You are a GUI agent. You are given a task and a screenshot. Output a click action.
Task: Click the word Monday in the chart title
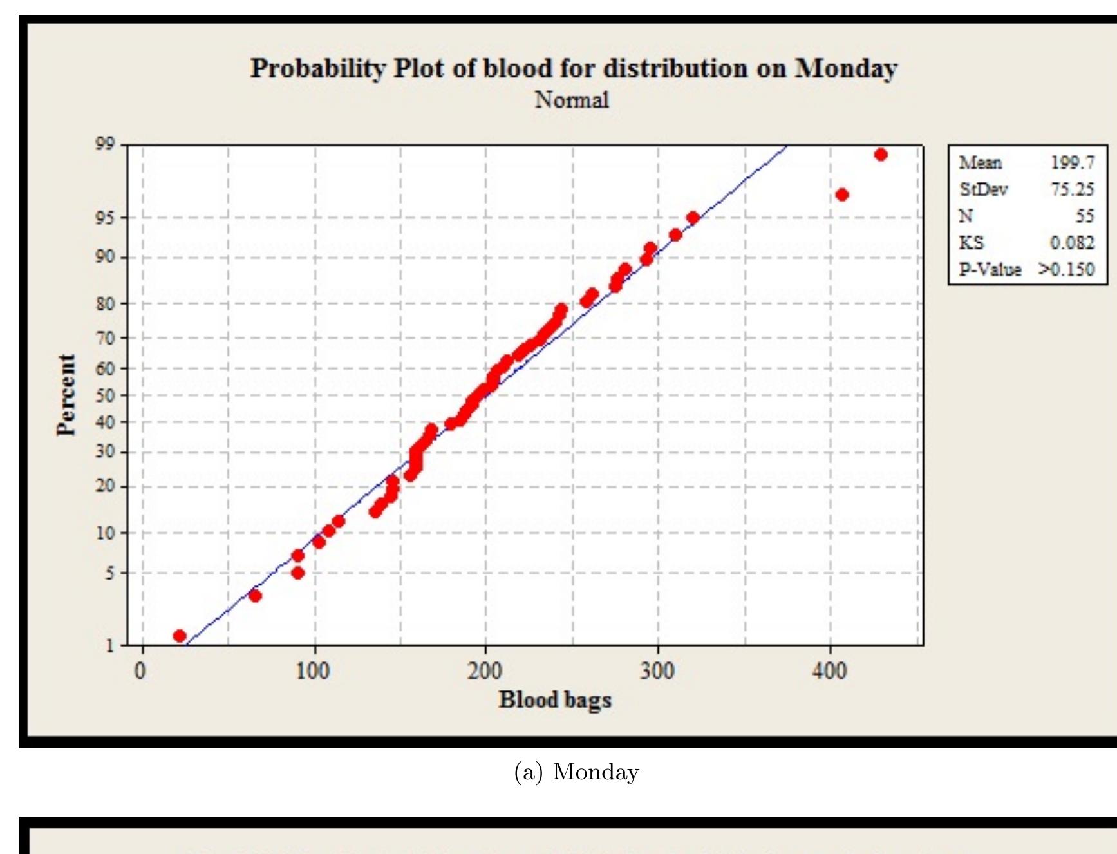(845, 68)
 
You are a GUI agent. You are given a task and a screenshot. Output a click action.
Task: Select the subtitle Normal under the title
(572, 100)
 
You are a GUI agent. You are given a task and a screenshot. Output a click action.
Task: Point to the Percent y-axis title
(66, 395)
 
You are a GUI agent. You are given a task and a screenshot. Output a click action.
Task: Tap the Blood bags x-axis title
(555, 700)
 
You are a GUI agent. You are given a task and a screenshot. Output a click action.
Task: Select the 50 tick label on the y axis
(105, 395)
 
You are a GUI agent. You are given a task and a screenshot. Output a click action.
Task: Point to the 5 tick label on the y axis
(109, 573)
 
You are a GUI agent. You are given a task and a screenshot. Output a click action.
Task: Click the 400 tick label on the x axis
(829, 672)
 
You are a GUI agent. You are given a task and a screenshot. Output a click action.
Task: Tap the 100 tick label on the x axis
(314, 672)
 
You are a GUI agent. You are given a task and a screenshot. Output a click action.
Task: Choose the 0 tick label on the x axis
(140, 672)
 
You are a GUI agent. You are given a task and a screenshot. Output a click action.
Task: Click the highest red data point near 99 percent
(881, 155)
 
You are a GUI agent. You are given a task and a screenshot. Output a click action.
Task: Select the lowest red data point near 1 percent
(180, 636)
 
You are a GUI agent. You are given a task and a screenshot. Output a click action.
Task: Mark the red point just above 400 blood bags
(841, 195)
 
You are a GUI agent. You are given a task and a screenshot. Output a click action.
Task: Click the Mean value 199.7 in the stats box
(1073, 162)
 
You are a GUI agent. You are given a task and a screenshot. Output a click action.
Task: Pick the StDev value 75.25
(1072, 189)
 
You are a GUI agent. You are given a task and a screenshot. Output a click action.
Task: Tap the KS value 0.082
(1072, 243)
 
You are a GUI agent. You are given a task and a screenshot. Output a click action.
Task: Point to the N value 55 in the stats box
(1084, 216)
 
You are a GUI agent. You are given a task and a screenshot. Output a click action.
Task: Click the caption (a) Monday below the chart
(576, 772)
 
